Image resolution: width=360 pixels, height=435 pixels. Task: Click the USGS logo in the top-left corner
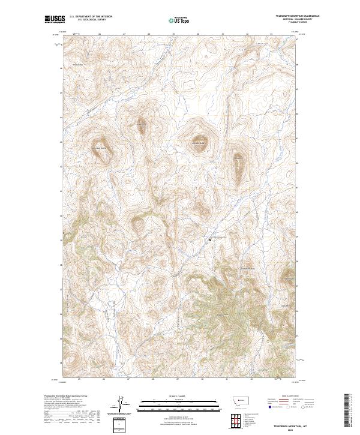[x=55, y=19]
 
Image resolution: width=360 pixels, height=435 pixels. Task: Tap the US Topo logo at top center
[x=178, y=20]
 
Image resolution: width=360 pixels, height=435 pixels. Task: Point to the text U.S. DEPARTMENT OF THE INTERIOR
[x=90, y=16]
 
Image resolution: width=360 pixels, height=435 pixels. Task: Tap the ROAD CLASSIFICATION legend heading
[x=289, y=396]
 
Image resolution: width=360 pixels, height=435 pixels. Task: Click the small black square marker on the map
[x=210, y=240]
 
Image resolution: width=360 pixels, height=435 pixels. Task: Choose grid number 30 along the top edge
[x=198, y=35]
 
